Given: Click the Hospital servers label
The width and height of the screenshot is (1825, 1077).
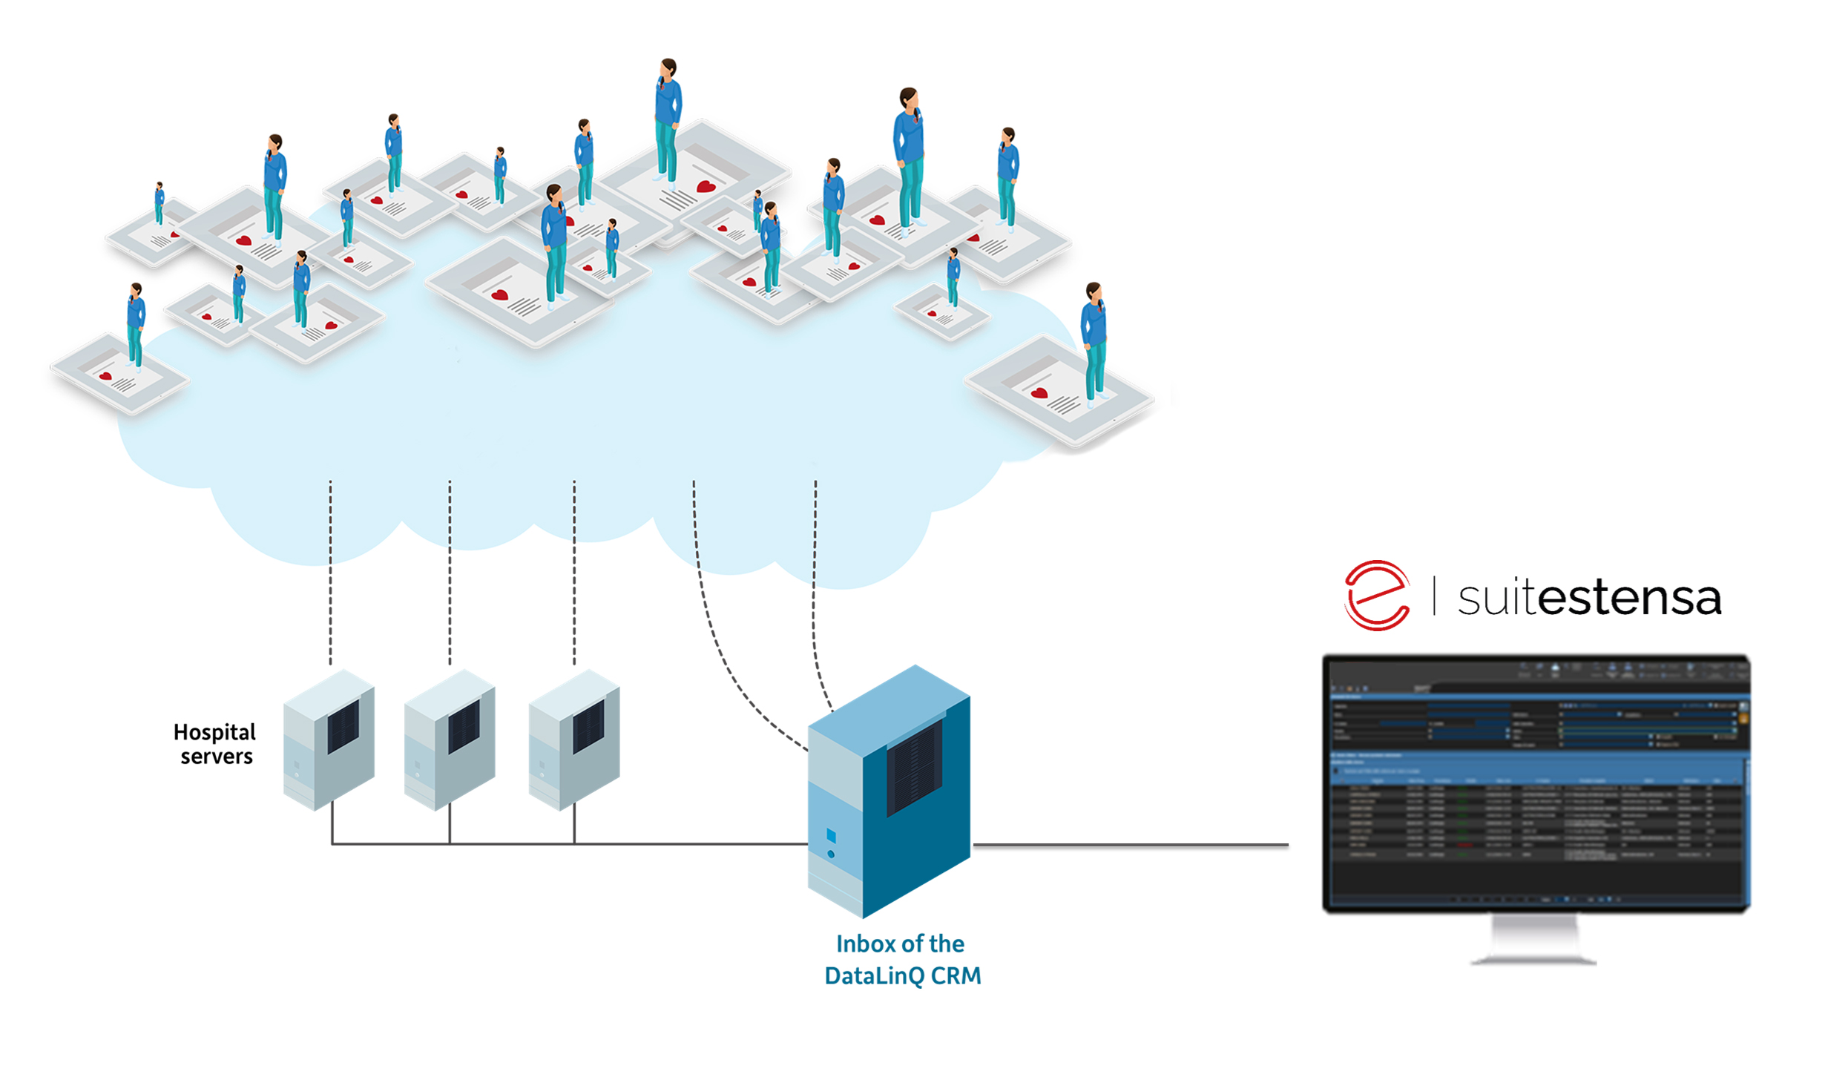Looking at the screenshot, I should click(214, 744).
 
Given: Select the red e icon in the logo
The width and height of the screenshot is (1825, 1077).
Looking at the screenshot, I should click(1377, 596).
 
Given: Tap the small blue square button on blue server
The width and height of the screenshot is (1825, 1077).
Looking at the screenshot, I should click(831, 837).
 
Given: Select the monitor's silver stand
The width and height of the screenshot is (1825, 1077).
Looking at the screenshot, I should click(1533, 941).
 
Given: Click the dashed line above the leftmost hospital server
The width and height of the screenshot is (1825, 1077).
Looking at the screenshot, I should click(331, 571).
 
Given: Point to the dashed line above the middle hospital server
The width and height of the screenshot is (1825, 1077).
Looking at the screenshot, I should click(450, 571).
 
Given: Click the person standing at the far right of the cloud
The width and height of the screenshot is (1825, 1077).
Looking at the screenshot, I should click(1094, 341).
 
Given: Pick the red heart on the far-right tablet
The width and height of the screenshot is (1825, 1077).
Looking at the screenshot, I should click(1039, 392).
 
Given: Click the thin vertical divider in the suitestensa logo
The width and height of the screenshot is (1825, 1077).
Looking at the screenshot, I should click(1434, 596).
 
